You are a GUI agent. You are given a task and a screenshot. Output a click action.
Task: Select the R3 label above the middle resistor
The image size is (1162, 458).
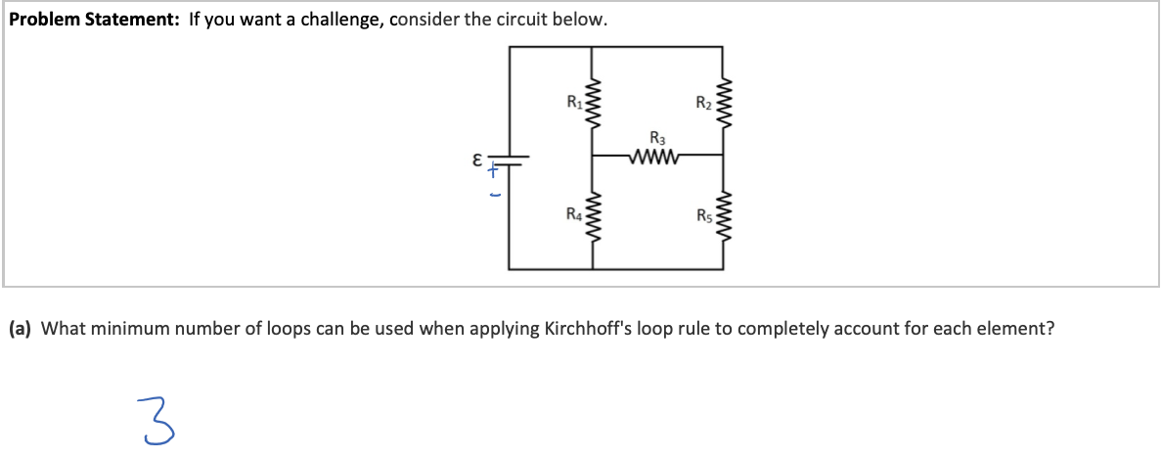click(657, 137)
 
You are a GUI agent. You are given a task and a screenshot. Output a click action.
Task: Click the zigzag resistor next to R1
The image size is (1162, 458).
click(592, 102)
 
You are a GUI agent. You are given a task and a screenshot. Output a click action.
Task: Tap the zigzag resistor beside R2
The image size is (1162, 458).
click(724, 102)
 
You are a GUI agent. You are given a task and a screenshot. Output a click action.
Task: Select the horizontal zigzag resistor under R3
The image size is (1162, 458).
click(657, 155)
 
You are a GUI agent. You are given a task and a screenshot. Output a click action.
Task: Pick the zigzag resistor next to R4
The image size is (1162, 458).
click(592, 216)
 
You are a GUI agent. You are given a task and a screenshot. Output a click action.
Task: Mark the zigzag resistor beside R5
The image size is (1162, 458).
click(724, 216)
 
